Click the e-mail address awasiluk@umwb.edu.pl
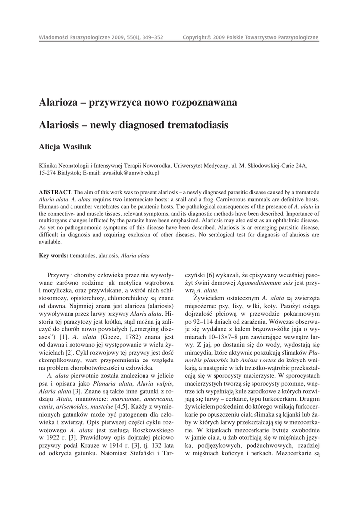click(x=130, y=173)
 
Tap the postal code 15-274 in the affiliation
click(x=49, y=173)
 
